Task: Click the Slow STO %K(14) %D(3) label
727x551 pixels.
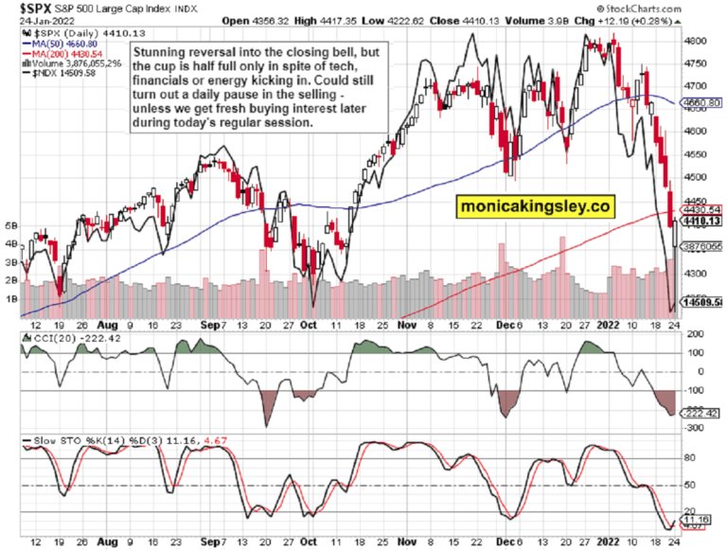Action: click(x=105, y=442)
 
